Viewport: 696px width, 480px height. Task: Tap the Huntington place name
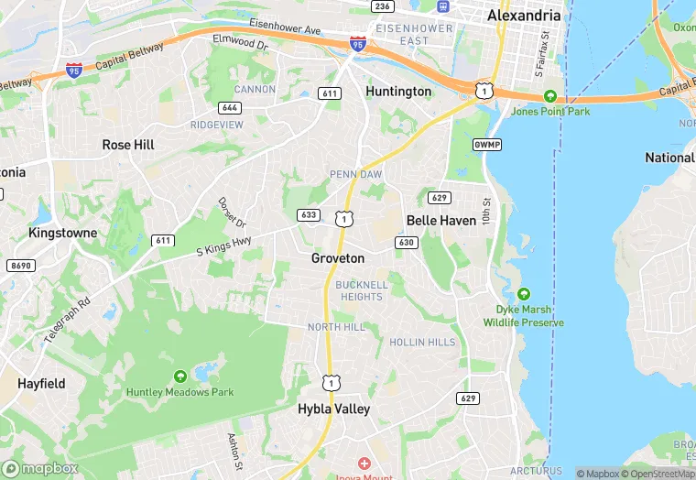(398, 92)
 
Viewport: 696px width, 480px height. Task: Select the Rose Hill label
(128, 145)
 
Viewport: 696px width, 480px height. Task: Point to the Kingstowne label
(63, 233)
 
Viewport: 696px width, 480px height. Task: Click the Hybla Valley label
(334, 409)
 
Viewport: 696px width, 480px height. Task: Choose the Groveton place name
(338, 258)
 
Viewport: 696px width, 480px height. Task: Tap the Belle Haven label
(441, 221)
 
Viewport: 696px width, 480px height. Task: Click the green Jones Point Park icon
(549, 96)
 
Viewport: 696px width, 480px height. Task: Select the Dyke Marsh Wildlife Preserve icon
(523, 294)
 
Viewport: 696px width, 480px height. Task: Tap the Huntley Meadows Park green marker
(179, 376)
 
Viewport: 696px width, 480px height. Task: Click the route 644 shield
(231, 108)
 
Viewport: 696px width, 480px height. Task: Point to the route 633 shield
(309, 215)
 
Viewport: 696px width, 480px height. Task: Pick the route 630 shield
(407, 242)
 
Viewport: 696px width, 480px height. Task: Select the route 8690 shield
(19, 266)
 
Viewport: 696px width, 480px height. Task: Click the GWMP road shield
(486, 146)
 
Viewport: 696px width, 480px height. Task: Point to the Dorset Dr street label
(233, 213)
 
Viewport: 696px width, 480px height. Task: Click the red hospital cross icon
(364, 464)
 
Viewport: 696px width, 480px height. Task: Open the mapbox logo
(40, 468)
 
